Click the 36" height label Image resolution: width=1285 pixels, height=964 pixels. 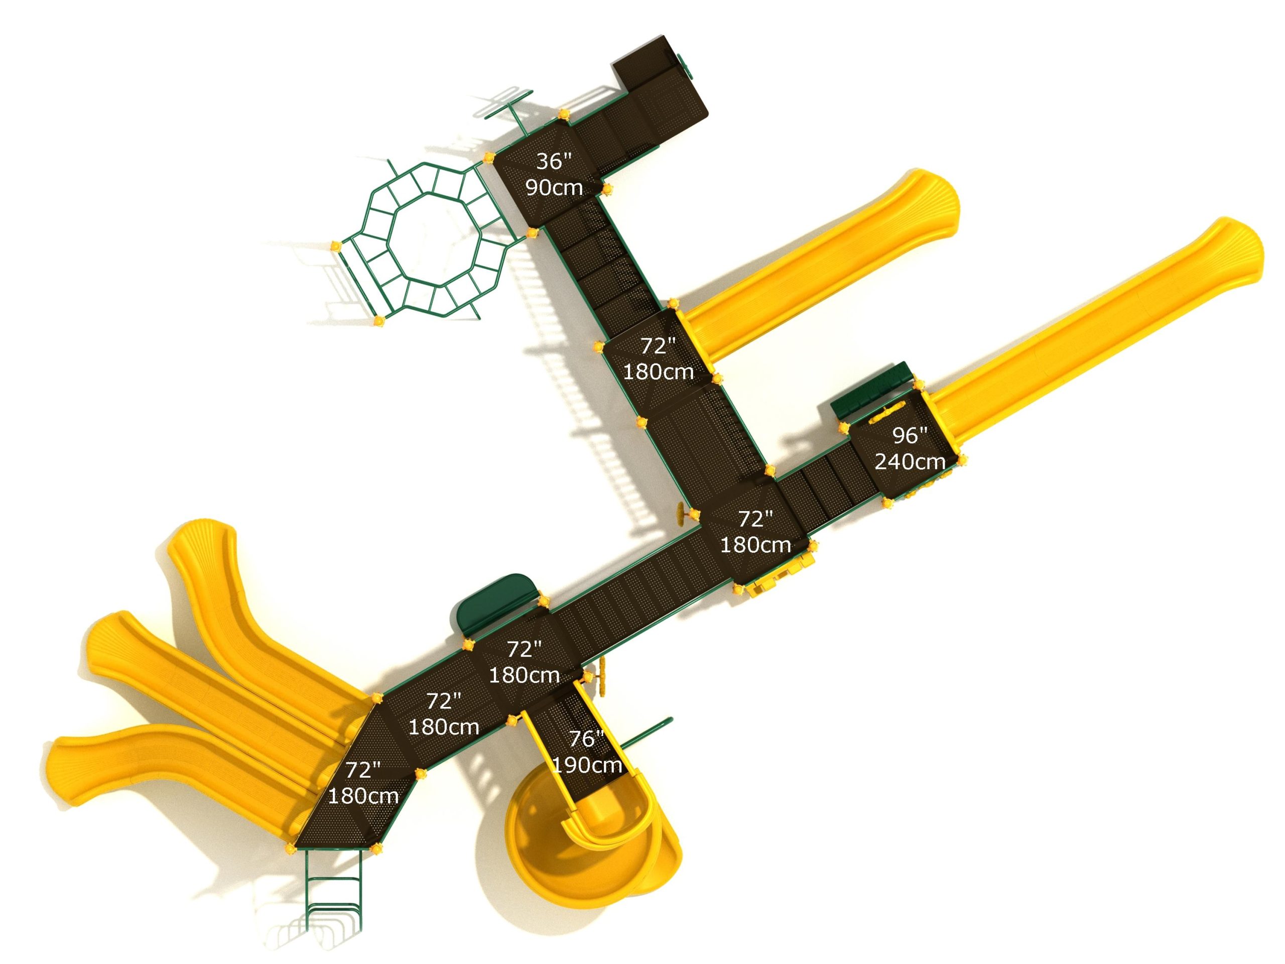point(554,161)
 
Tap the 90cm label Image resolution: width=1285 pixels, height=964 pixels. point(554,187)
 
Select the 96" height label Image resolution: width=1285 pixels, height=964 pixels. point(910,435)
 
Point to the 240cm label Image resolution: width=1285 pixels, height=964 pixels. point(910,461)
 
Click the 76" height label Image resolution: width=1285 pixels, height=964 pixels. point(587,739)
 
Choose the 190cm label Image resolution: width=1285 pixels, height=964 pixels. point(587,765)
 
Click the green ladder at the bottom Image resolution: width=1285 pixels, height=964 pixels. point(334,889)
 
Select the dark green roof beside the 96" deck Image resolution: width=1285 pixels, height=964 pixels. point(869,391)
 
